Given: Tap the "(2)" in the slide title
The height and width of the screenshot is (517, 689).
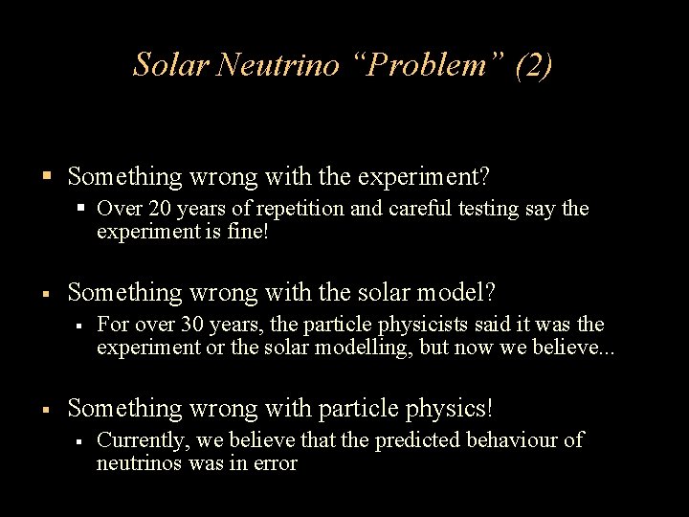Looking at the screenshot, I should click(533, 64).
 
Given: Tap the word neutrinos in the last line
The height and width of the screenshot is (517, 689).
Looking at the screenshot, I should click(135, 463).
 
